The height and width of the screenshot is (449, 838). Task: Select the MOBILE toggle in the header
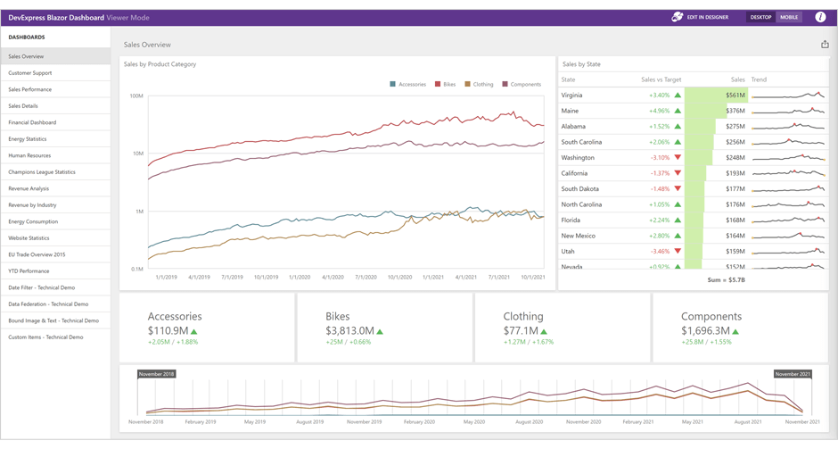789,17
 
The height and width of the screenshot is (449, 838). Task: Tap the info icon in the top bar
820,17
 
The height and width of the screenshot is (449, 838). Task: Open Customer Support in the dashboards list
30,73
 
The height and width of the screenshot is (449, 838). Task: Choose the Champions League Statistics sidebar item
42,171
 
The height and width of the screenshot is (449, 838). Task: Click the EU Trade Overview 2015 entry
37,254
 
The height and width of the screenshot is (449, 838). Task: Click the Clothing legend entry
480,84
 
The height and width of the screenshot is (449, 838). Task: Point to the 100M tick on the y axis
136,96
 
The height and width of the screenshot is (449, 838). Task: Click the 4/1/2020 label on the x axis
333,278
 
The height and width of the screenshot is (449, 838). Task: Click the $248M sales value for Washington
735,157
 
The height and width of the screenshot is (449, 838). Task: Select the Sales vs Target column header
661,79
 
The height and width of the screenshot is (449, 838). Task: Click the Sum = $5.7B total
726,279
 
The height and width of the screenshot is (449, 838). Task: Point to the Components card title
711,316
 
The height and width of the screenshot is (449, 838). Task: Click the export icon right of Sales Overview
824,45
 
